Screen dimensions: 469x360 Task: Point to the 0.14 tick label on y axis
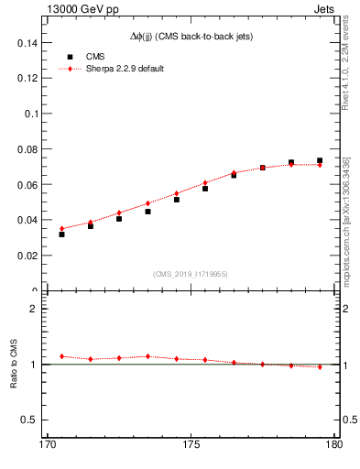coord(28,43)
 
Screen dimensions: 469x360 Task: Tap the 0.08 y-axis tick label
coord(28,149)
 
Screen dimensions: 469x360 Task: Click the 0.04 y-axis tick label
coord(28,220)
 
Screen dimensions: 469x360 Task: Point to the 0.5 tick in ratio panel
coord(31,420)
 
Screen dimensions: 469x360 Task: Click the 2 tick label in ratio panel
coord(34,309)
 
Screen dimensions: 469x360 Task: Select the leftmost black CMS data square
coord(61,234)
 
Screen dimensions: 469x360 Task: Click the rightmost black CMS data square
coord(320,161)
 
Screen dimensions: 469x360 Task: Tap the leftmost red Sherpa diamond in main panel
coord(61,228)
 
